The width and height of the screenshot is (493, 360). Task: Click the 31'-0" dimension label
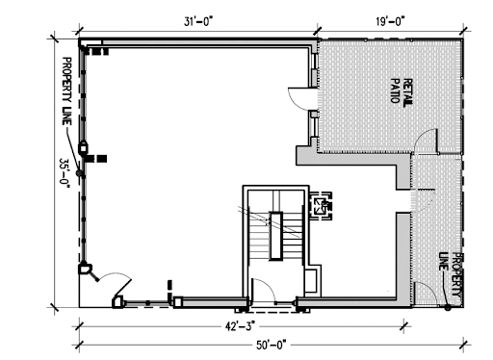point(198,22)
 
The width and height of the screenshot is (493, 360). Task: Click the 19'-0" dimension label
point(390,22)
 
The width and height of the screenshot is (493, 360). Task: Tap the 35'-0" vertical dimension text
point(65,173)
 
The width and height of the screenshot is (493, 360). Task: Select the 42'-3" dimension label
point(241,327)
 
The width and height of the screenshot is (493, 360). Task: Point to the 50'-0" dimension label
point(272,346)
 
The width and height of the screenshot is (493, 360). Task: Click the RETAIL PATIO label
point(402,91)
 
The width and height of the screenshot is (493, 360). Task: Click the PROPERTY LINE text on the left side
point(66,91)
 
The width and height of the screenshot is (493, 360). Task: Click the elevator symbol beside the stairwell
point(321,206)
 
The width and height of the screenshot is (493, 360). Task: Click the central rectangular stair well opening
point(276,236)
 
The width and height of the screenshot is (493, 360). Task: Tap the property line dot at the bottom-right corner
point(448,308)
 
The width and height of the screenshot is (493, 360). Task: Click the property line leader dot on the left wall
point(79,173)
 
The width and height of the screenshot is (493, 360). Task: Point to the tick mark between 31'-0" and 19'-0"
point(318,31)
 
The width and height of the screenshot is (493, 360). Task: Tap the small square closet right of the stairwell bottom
point(311,281)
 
